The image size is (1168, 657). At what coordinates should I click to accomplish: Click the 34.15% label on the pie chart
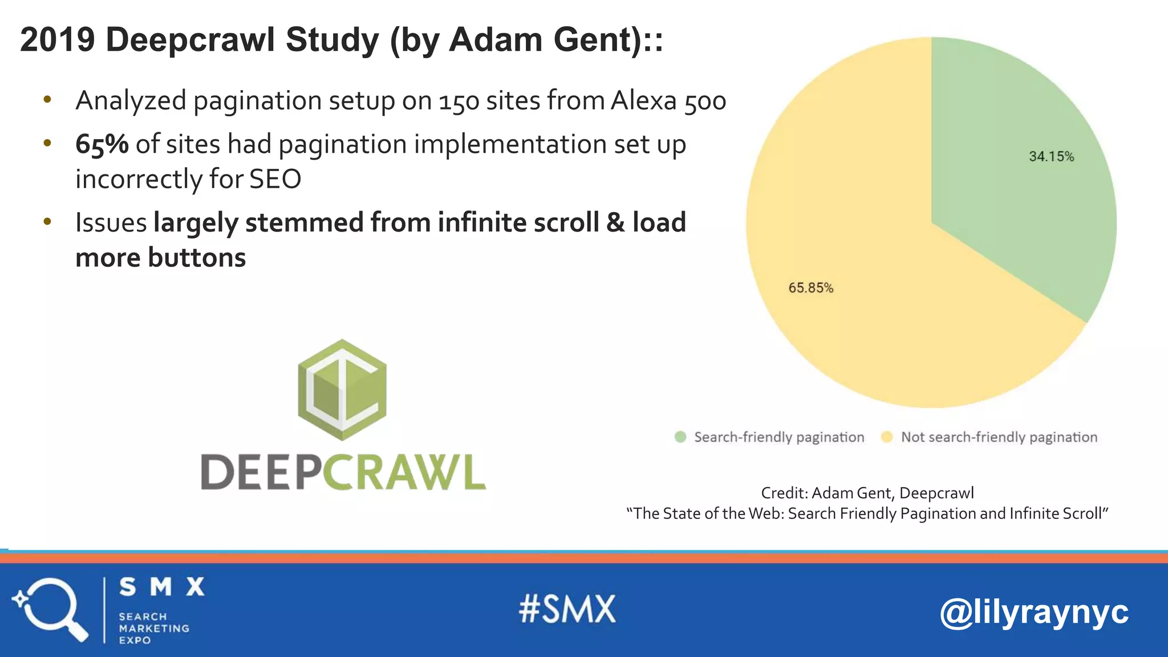tap(1051, 157)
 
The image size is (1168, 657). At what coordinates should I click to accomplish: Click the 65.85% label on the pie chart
tap(810, 288)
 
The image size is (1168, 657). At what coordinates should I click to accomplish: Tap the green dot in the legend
tap(680, 437)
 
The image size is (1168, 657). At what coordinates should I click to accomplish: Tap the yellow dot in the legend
tap(887, 437)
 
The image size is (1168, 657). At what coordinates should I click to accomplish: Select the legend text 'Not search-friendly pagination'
tap(999, 437)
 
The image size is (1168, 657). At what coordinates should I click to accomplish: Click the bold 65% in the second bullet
tap(102, 144)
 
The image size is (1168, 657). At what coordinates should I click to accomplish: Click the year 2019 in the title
tap(57, 40)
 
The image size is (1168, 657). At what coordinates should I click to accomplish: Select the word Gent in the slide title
tap(595, 40)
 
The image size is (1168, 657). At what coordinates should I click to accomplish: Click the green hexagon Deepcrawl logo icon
tap(342, 390)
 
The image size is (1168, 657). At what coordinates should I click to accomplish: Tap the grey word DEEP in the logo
tap(261, 472)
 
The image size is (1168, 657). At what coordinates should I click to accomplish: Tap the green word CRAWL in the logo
tap(405, 472)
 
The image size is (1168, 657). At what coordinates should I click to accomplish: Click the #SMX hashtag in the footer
tap(567, 609)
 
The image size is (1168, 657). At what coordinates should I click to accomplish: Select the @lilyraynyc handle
tap(1033, 613)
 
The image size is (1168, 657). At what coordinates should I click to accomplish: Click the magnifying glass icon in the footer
tap(50, 609)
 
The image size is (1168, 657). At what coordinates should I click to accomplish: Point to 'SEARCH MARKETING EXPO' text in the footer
tap(153, 628)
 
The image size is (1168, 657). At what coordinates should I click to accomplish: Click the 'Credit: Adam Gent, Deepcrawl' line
tap(867, 493)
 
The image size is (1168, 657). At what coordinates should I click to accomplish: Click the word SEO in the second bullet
tap(275, 180)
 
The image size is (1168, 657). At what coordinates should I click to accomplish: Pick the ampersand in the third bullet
tap(615, 222)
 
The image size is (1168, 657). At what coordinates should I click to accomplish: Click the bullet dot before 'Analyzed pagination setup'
tap(47, 100)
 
